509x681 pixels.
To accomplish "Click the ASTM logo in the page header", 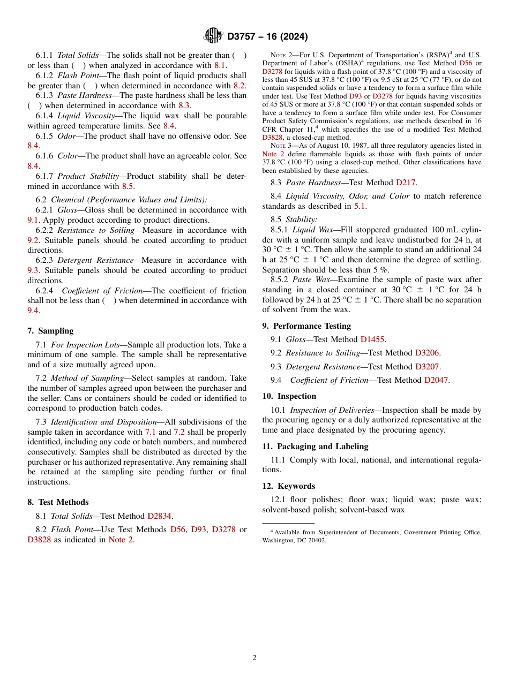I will (213, 36).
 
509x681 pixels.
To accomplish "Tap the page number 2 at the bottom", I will (254, 657).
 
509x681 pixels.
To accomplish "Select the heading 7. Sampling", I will (50, 331).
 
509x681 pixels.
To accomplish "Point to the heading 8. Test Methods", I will (58, 502).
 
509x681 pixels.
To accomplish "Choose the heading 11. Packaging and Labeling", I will (315, 447).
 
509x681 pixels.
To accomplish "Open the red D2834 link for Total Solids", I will (160, 516).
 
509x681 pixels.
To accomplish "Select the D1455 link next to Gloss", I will (372, 339).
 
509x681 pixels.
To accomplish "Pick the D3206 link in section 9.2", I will (428, 353).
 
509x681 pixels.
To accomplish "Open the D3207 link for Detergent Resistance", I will (428, 367).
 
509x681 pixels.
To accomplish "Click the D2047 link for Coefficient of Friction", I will (437, 380).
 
